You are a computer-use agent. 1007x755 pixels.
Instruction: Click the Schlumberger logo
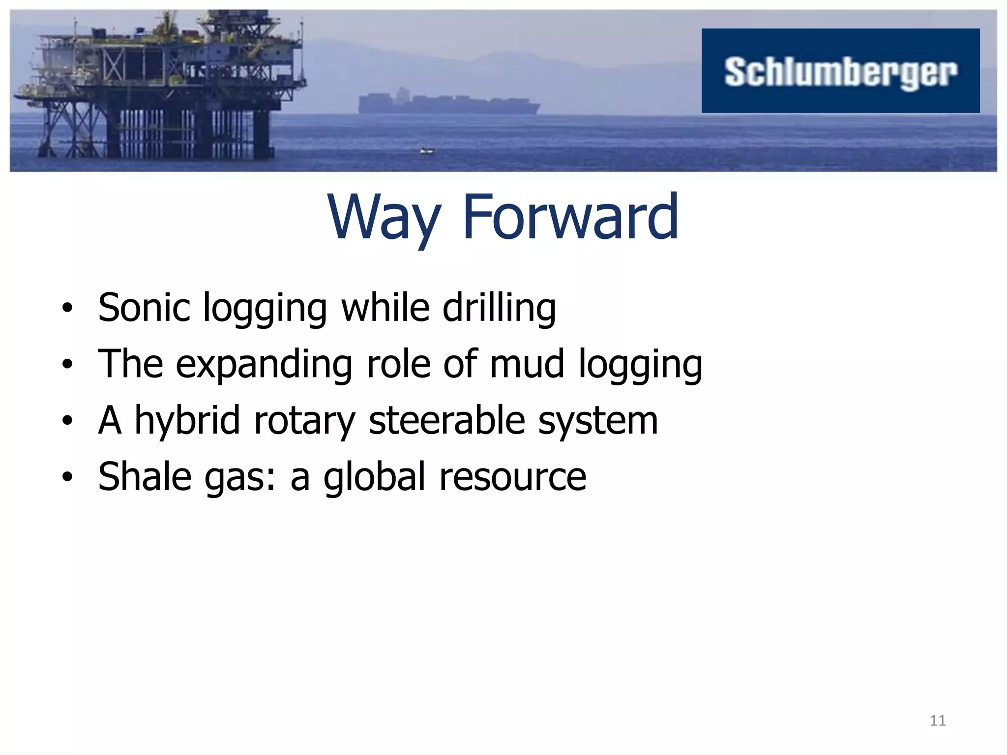(840, 71)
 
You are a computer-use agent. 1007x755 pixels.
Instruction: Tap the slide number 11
(938, 721)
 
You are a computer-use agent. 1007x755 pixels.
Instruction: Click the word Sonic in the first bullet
(144, 308)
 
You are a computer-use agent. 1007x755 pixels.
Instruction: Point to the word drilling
(499, 309)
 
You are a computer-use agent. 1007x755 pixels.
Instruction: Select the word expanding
(264, 365)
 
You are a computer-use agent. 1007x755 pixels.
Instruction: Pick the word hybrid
(187, 421)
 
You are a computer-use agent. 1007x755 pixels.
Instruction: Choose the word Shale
(144, 477)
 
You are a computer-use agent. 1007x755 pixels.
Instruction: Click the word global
(374, 477)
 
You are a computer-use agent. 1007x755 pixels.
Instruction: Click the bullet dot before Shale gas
(67, 476)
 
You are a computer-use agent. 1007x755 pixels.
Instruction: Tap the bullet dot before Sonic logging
(67, 308)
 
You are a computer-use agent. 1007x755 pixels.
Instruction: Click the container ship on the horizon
(447, 103)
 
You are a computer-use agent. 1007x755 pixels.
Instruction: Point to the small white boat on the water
(427, 151)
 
